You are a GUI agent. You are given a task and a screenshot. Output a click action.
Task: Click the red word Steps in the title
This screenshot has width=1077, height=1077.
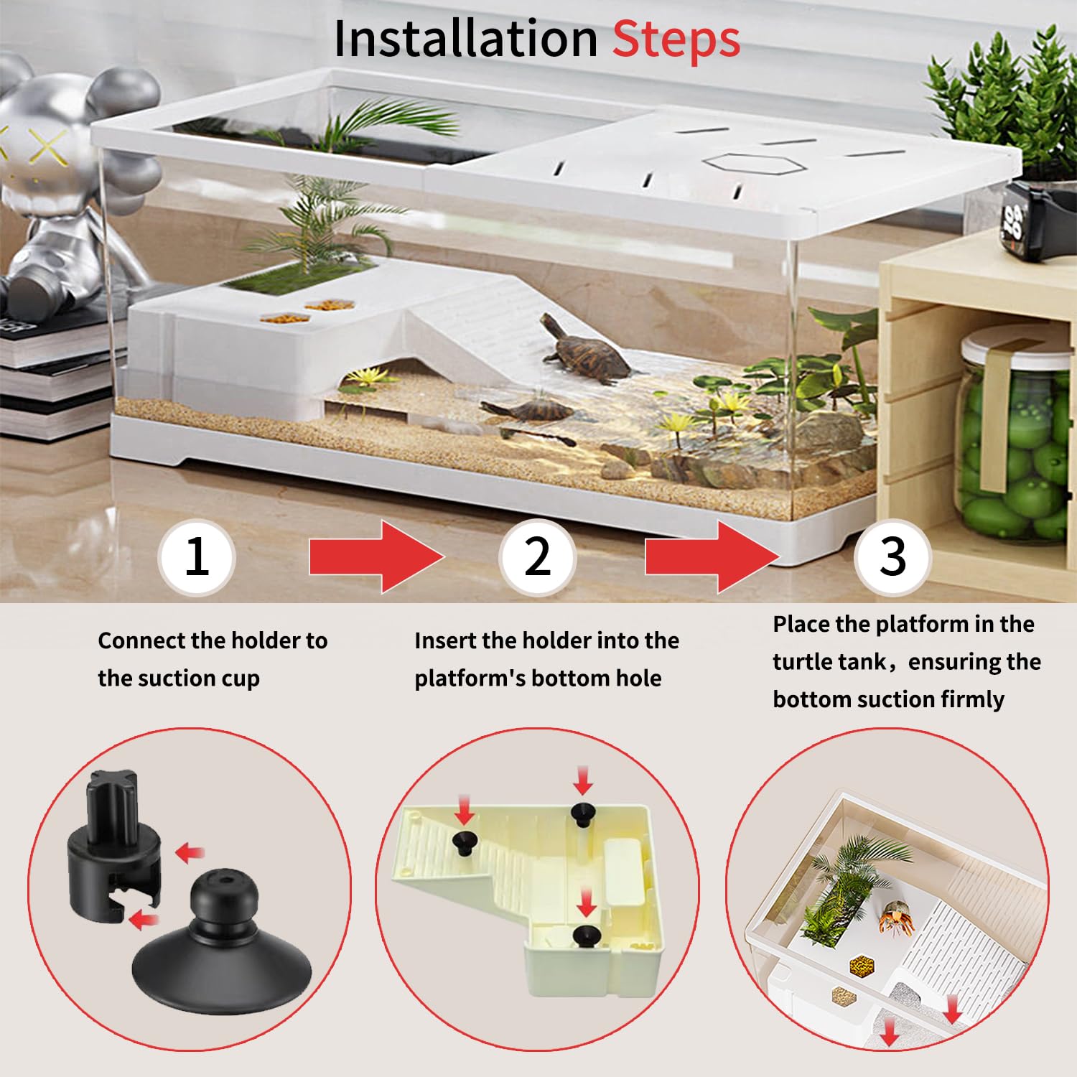[676, 39]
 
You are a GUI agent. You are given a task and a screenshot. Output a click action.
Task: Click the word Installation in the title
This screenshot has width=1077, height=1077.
[465, 39]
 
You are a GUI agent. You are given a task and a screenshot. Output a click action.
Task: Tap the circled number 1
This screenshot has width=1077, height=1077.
[196, 556]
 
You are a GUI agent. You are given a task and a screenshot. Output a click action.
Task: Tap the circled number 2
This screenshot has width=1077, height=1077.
[537, 556]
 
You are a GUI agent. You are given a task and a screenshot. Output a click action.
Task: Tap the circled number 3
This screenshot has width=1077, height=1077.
[892, 556]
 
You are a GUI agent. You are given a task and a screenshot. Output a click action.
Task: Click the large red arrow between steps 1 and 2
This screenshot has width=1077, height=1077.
[376, 556]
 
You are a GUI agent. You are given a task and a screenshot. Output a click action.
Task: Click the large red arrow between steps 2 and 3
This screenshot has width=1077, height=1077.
[712, 556]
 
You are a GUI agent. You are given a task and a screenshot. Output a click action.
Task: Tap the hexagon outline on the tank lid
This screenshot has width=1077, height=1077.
[751, 163]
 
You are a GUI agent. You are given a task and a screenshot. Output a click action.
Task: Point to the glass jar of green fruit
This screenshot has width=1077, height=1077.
[1012, 438]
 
